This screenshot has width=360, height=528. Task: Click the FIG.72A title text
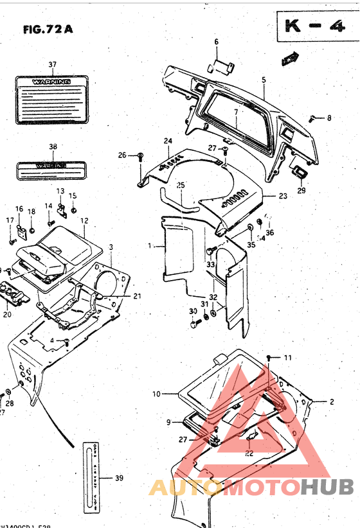(47, 29)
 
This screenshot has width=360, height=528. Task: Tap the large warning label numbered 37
(53, 98)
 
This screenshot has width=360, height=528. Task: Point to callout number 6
(216, 42)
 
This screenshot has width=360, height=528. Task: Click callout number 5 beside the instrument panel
(264, 80)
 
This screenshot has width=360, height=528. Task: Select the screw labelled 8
(312, 118)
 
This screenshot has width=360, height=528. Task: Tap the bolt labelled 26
(139, 156)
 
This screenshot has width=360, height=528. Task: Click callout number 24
(167, 141)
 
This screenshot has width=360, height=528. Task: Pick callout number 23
(283, 195)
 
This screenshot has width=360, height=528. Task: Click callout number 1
(150, 245)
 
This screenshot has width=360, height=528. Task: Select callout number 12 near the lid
(84, 220)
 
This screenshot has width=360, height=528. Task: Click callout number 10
(156, 392)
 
